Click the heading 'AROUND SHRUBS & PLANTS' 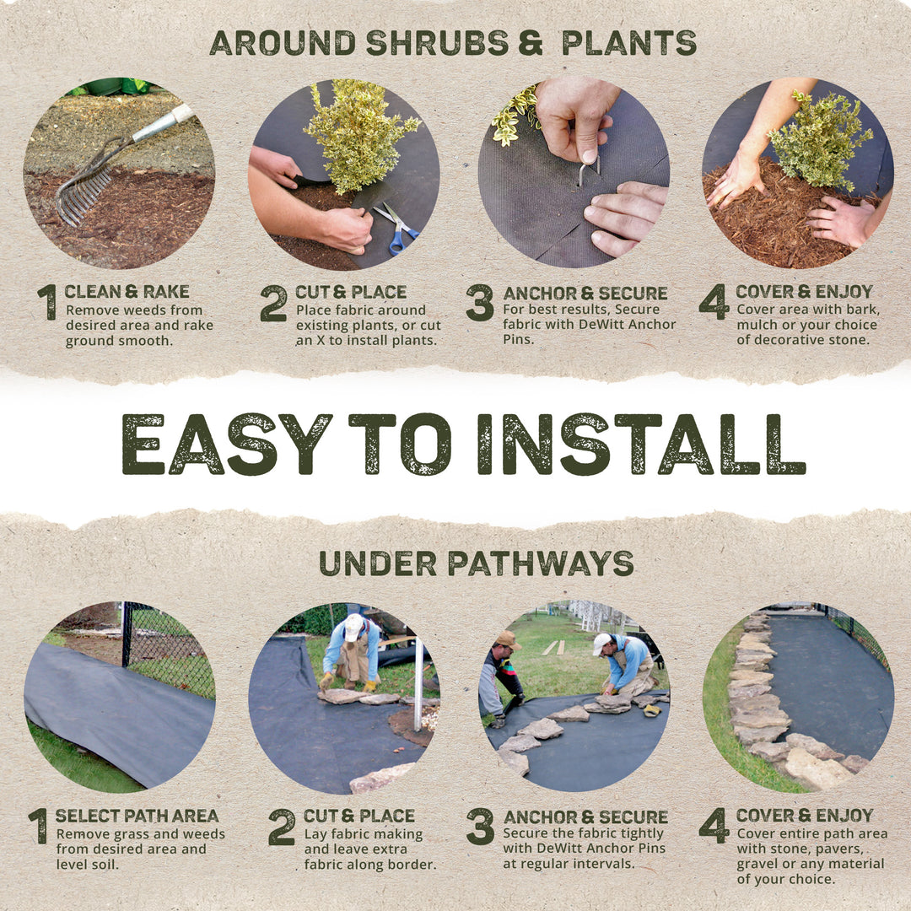click(x=453, y=42)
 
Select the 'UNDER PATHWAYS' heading click(x=476, y=563)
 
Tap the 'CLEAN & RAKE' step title click(x=127, y=292)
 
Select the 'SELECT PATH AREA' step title click(x=137, y=816)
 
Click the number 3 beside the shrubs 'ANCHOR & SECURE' click(x=479, y=303)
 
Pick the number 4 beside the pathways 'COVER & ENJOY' click(x=714, y=826)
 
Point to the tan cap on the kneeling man click(x=507, y=639)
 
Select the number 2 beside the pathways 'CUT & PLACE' click(x=282, y=827)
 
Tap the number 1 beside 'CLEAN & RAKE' click(x=47, y=303)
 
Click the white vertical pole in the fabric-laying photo click(x=417, y=683)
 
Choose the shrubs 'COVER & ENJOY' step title click(x=804, y=292)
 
